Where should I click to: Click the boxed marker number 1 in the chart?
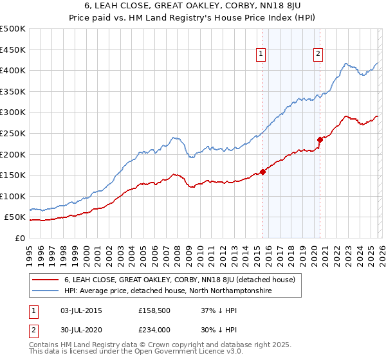[x=261, y=55]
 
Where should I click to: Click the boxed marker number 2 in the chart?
[x=318, y=55]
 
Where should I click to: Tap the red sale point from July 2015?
[x=262, y=172]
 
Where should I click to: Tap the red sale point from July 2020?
[x=320, y=139]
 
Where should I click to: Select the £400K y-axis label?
[x=13, y=71]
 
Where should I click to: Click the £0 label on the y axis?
[x=19, y=238]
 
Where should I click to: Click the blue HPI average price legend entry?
[x=168, y=291]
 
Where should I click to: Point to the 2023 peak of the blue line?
[x=346, y=64]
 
